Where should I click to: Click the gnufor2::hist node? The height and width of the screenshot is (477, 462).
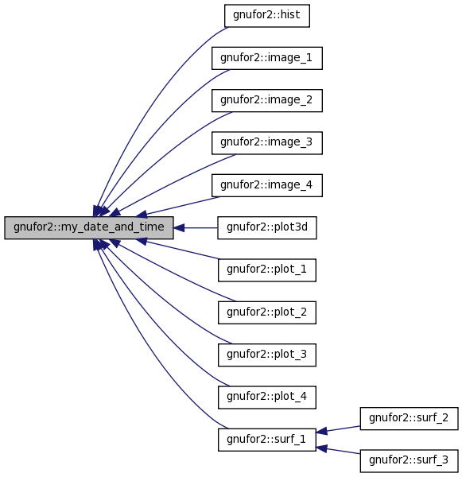coord(267,16)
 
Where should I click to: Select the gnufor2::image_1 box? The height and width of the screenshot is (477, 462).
coord(267,58)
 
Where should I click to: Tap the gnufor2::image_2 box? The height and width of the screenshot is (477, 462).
coord(267,100)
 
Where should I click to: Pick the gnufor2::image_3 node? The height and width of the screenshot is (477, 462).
coord(267,143)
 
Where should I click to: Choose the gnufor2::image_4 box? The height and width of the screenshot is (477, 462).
coord(267,185)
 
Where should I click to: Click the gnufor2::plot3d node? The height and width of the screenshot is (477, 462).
coord(267,228)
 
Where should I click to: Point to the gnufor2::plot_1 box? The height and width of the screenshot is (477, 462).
coord(267,270)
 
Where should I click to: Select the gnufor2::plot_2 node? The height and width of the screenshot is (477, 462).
coord(267,312)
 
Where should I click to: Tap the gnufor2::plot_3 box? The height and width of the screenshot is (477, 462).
coord(267,355)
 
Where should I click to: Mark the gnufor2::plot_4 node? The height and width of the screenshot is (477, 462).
coord(267,397)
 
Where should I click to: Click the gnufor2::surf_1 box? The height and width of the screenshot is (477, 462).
coord(267,440)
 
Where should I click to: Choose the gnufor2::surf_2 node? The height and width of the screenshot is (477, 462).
coord(409,419)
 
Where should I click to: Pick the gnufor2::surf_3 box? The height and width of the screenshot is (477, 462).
coord(409,461)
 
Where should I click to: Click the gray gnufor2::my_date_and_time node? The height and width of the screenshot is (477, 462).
coord(89,228)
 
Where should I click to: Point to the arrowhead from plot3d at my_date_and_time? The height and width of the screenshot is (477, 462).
coord(179,228)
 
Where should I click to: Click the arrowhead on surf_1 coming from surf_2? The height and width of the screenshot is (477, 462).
coord(322,431)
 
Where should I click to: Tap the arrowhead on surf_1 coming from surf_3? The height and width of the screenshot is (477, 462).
coord(322,448)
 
